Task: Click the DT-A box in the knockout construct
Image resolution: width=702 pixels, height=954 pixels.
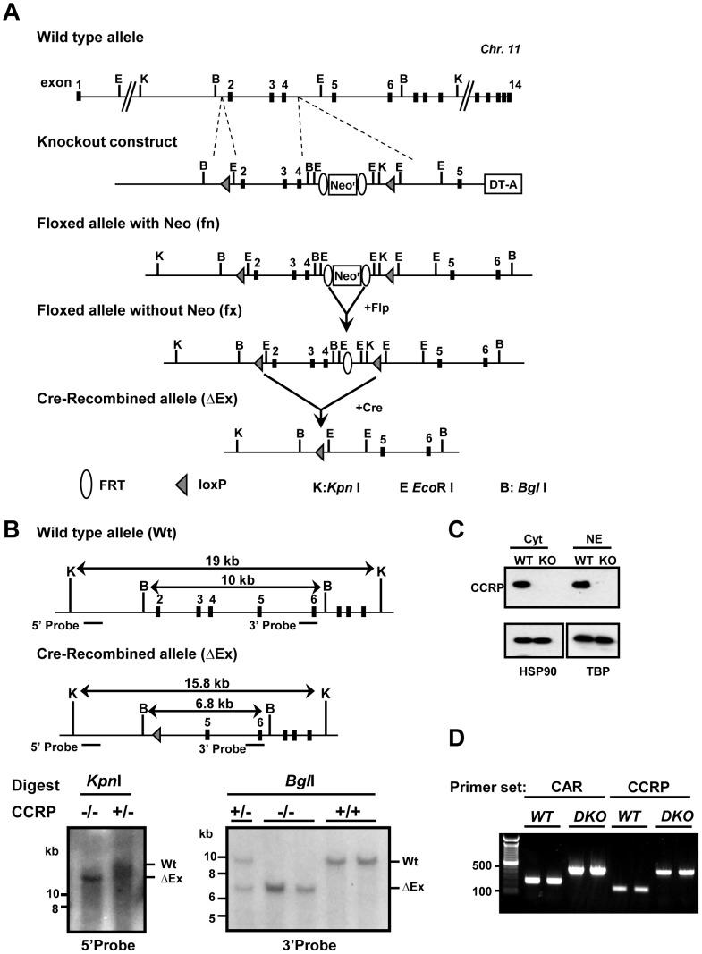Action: pos(503,184)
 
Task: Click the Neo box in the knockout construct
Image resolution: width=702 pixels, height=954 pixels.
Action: pos(342,184)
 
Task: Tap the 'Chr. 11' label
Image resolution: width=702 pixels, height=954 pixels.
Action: pos(500,49)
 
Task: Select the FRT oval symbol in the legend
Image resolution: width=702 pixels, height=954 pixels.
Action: pos(87,485)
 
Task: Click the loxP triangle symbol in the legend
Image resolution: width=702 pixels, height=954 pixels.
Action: pos(182,485)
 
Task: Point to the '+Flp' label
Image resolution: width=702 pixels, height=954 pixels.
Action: pos(376,308)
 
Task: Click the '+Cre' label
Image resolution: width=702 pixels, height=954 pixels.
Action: pos(368,408)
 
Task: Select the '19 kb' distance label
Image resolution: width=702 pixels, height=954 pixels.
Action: pos(225,560)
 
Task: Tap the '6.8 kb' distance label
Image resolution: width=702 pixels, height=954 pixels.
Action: pos(207,704)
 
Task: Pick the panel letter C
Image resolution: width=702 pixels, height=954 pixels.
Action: pos(456,529)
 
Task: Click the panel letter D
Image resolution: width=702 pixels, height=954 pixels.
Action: pos(456,738)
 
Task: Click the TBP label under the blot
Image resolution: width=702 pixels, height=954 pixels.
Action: pos(598,671)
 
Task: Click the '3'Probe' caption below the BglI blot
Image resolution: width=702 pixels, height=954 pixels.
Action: pos(309,945)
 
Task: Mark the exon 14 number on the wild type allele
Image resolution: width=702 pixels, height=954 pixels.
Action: pos(514,85)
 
